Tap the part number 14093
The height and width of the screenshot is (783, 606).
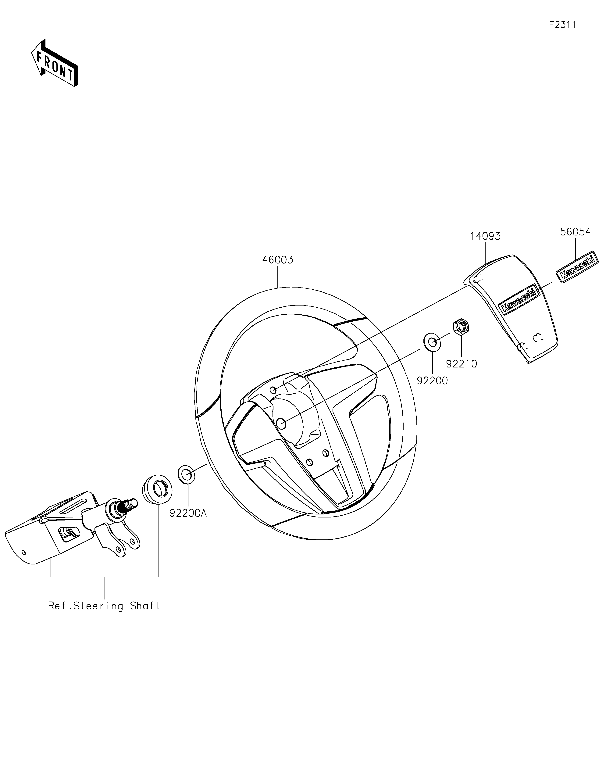[x=486, y=236]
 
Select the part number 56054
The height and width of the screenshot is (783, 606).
[x=575, y=232]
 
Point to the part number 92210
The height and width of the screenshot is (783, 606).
[x=462, y=364]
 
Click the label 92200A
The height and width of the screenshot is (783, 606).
[x=188, y=513]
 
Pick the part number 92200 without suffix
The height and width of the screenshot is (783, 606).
[x=432, y=381]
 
